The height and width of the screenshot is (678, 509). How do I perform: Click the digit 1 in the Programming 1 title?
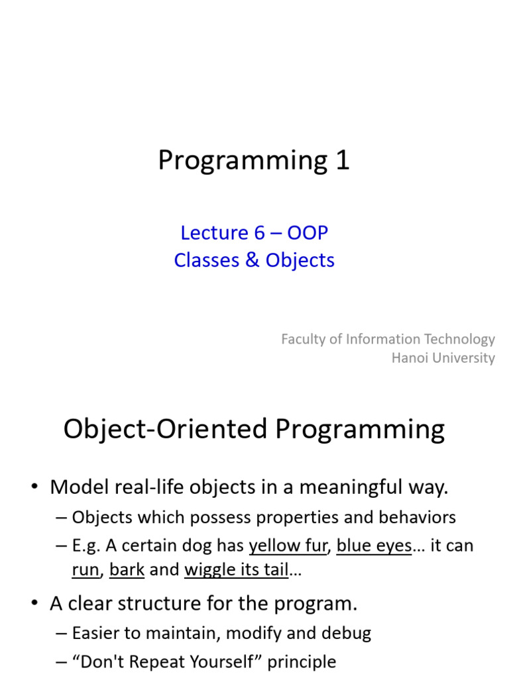click(342, 161)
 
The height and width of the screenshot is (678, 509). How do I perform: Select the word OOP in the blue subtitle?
click(308, 233)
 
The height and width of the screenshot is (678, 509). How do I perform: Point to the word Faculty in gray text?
click(302, 339)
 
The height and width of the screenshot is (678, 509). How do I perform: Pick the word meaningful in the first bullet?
click(357, 488)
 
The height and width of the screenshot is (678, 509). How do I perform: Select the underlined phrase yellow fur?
click(288, 546)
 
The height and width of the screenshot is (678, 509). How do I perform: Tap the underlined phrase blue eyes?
click(374, 546)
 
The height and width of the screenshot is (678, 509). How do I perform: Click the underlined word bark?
click(127, 569)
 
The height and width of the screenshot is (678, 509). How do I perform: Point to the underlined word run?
click(85, 569)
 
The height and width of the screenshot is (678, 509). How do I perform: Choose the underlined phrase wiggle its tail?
click(236, 569)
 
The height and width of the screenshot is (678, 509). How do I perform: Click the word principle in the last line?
click(306, 661)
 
